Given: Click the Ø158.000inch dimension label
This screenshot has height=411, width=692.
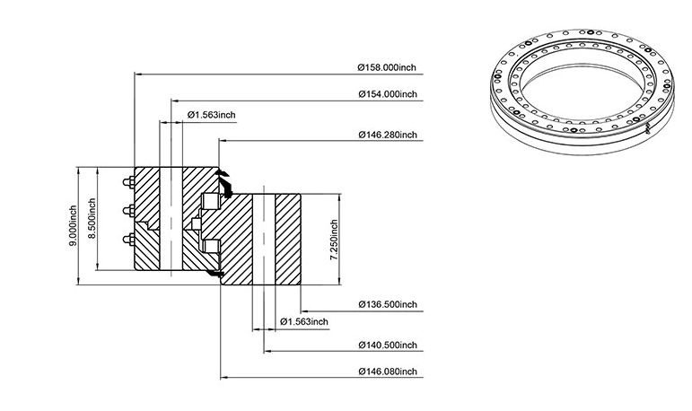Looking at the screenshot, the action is pos(387,67).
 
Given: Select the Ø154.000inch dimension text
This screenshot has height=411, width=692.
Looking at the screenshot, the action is pos(388,94).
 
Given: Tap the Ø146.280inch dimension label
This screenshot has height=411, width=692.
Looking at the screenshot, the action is pos(388,135).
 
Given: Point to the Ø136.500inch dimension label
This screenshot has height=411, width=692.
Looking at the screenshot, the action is pos(388,304).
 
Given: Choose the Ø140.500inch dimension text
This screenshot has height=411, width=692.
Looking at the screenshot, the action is pos(388,345).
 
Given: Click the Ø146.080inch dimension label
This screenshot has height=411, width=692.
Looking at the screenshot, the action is pos(388,372).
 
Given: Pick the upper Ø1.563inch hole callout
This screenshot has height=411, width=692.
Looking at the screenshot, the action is pos(212,115).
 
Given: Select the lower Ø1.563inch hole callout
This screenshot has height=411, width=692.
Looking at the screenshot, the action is pos(304,321).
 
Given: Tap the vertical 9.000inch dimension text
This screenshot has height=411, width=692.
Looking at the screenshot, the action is pos(73,226).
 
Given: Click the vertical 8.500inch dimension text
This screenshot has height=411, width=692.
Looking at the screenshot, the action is pos(92,219).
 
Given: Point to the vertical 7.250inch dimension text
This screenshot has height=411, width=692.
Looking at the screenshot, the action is pos(334,240).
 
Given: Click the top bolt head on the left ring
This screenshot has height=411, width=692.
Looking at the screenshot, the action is pos(129,182).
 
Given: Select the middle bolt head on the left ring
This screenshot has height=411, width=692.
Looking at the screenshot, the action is pos(129,211).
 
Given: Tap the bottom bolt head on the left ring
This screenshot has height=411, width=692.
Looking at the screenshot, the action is pos(129,240).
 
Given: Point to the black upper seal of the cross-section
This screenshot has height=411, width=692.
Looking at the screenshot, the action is pos(225,183).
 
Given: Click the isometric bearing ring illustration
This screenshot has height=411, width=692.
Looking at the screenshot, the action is pos(583,91).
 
